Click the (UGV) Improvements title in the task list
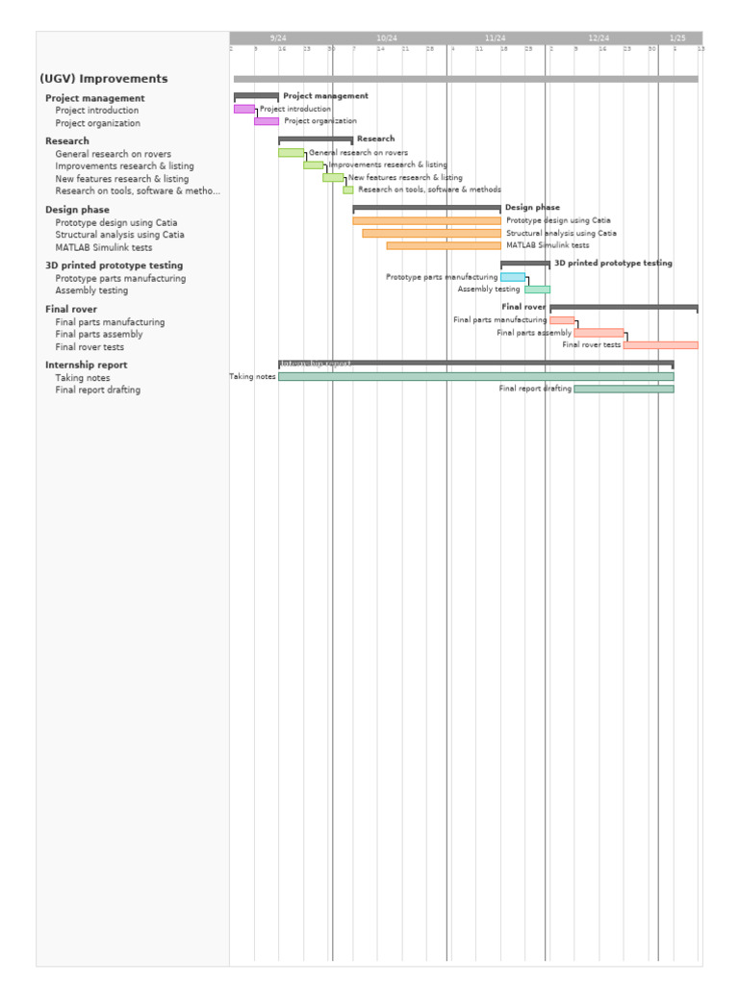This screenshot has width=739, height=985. click(104, 79)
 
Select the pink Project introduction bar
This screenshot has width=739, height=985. click(243, 110)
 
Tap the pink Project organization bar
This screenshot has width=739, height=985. click(267, 121)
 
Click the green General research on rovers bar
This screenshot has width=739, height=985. click(292, 153)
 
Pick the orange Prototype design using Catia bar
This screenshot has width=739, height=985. click(426, 221)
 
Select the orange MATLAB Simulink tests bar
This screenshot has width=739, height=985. click(444, 246)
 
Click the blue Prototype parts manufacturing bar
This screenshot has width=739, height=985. click(513, 277)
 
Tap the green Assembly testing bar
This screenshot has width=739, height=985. click(537, 290)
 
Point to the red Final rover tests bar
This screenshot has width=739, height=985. click(660, 345)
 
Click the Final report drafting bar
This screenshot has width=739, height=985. click(624, 390)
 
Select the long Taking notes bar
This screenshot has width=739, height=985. click(476, 377)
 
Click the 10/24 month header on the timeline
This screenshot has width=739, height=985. click(387, 38)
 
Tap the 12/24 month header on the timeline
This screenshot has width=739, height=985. click(599, 38)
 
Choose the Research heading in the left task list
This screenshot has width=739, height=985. click(67, 141)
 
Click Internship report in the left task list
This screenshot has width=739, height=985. click(87, 366)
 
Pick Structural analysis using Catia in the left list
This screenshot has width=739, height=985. click(120, 235)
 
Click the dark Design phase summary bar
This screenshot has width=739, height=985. click(426, 208)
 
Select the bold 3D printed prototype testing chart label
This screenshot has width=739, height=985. click(613, 264)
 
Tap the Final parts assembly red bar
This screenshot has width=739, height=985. click(599, 333)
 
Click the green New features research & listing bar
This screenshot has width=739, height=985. click(333, 178)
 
